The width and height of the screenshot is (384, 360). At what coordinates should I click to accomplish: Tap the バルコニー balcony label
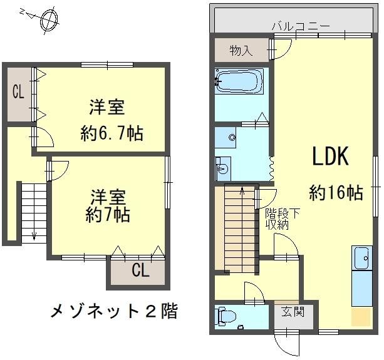300,26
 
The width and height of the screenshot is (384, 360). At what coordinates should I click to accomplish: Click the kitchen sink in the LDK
361,257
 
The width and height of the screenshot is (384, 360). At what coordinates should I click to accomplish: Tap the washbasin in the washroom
223,168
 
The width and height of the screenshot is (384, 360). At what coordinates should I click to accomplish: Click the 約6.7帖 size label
112,133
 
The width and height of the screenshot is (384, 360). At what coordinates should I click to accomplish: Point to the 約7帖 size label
108,215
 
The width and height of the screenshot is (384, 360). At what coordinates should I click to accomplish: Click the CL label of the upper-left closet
18,92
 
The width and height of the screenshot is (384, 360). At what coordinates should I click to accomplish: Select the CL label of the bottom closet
140,272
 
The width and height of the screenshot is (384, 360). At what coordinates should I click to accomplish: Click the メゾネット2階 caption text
113,310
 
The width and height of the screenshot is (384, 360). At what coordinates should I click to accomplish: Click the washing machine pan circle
233,137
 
